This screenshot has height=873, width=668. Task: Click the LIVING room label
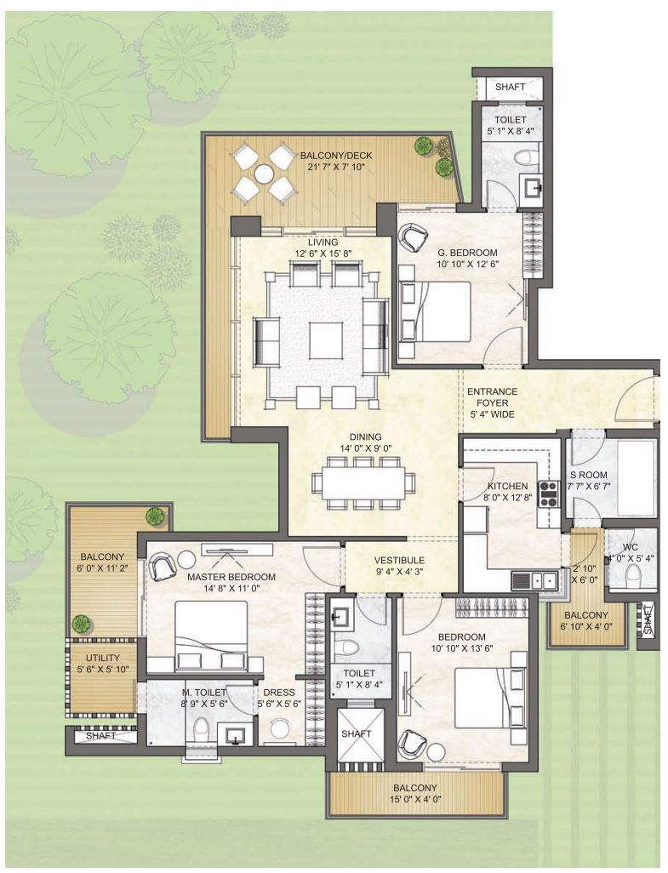[323, 242]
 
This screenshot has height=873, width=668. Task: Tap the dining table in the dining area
[363, 482]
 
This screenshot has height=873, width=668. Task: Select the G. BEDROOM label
[468, 253]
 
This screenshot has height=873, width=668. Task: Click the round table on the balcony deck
[263, 174]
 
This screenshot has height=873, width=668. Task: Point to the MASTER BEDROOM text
[231, 577]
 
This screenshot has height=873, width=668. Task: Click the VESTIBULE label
[399, 560]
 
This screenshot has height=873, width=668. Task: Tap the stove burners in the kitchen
[548, 494]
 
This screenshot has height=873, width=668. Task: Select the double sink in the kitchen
[535, 580]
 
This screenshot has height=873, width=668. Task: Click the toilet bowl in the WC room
[633, 574]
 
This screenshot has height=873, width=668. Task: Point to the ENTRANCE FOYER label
[492, 397]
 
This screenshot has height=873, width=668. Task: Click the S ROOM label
[588, 475]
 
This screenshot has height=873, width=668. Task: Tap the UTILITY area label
[103, 658]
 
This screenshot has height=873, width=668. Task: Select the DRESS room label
[279, 692]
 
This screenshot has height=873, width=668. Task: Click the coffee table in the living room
[327, 340]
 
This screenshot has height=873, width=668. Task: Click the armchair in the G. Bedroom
[413, 236]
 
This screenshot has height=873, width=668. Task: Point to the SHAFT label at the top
[510, 87]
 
